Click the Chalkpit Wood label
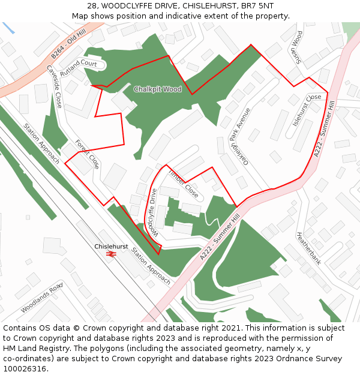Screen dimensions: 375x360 (x=157, y=89)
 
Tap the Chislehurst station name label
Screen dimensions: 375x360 (x=111, y=247)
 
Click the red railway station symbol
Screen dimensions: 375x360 (x=110, y=254)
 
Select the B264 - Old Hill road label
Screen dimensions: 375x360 (x=68, y=44)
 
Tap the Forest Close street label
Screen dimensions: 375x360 (x=87, y=155)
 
